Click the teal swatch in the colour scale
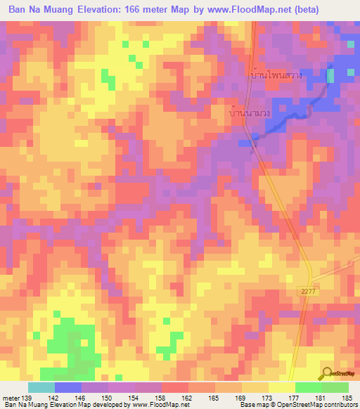[41, 387]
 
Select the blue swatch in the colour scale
[67, 387]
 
